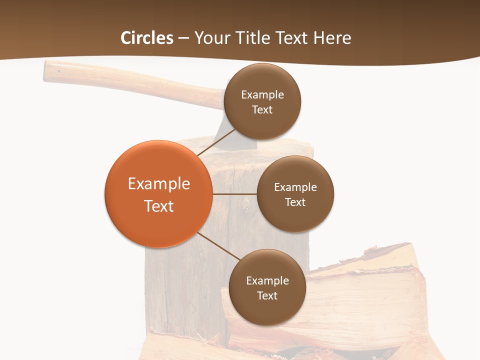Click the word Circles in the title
[x=147, y=38]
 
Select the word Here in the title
[x=332, y=38]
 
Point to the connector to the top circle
[x=216, y=142]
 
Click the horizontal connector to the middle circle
[x=234, y=194]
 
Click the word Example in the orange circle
[x=159, y=184]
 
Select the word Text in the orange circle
[x=159, y=206]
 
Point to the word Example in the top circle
[x=262, y=95]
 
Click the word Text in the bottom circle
[x=267, y=295]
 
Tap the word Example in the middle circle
[x=295, y=187]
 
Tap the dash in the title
[x=183, y=38]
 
